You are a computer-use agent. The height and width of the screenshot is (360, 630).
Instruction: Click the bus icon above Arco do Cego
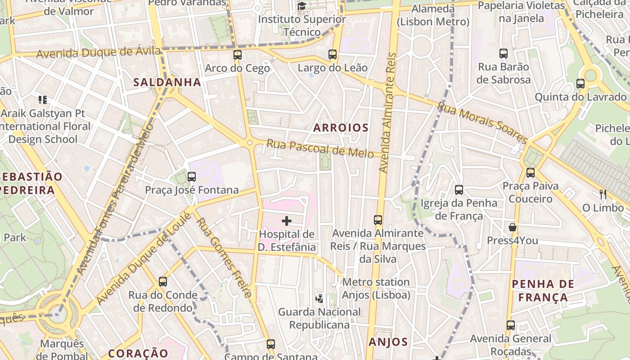[238, 55]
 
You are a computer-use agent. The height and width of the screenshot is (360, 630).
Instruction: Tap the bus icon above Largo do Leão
[333, 54]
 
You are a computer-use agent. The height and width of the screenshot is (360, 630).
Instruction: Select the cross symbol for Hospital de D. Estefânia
[287, 221]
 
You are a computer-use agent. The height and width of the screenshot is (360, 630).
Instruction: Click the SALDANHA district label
[167, 82]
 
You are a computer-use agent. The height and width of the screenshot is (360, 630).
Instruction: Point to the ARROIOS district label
[341, 128]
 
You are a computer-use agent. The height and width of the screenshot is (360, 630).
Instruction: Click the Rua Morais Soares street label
[482, 122]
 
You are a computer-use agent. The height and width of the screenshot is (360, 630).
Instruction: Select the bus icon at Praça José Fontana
[192, 177]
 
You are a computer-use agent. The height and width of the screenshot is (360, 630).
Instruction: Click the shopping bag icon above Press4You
[513, 227]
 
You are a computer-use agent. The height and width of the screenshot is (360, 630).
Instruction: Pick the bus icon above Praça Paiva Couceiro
[531, 172]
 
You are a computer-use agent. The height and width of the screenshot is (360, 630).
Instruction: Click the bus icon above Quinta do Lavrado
[580, 84]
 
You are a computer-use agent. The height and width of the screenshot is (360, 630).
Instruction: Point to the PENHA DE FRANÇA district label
[543, 291]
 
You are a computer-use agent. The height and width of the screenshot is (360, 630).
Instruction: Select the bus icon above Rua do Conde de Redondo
[163, 282]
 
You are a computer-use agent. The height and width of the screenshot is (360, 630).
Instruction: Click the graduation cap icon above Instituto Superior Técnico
[301, 6]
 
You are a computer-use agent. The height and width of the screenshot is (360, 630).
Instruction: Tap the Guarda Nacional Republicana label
[319, 318]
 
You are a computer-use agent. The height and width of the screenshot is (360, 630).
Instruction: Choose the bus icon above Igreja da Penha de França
[459, 190]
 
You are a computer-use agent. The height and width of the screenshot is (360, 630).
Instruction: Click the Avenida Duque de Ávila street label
[98, 53]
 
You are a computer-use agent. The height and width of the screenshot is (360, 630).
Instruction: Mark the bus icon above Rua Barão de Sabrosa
[504, 54]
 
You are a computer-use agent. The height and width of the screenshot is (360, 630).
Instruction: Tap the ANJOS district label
[388, 342]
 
